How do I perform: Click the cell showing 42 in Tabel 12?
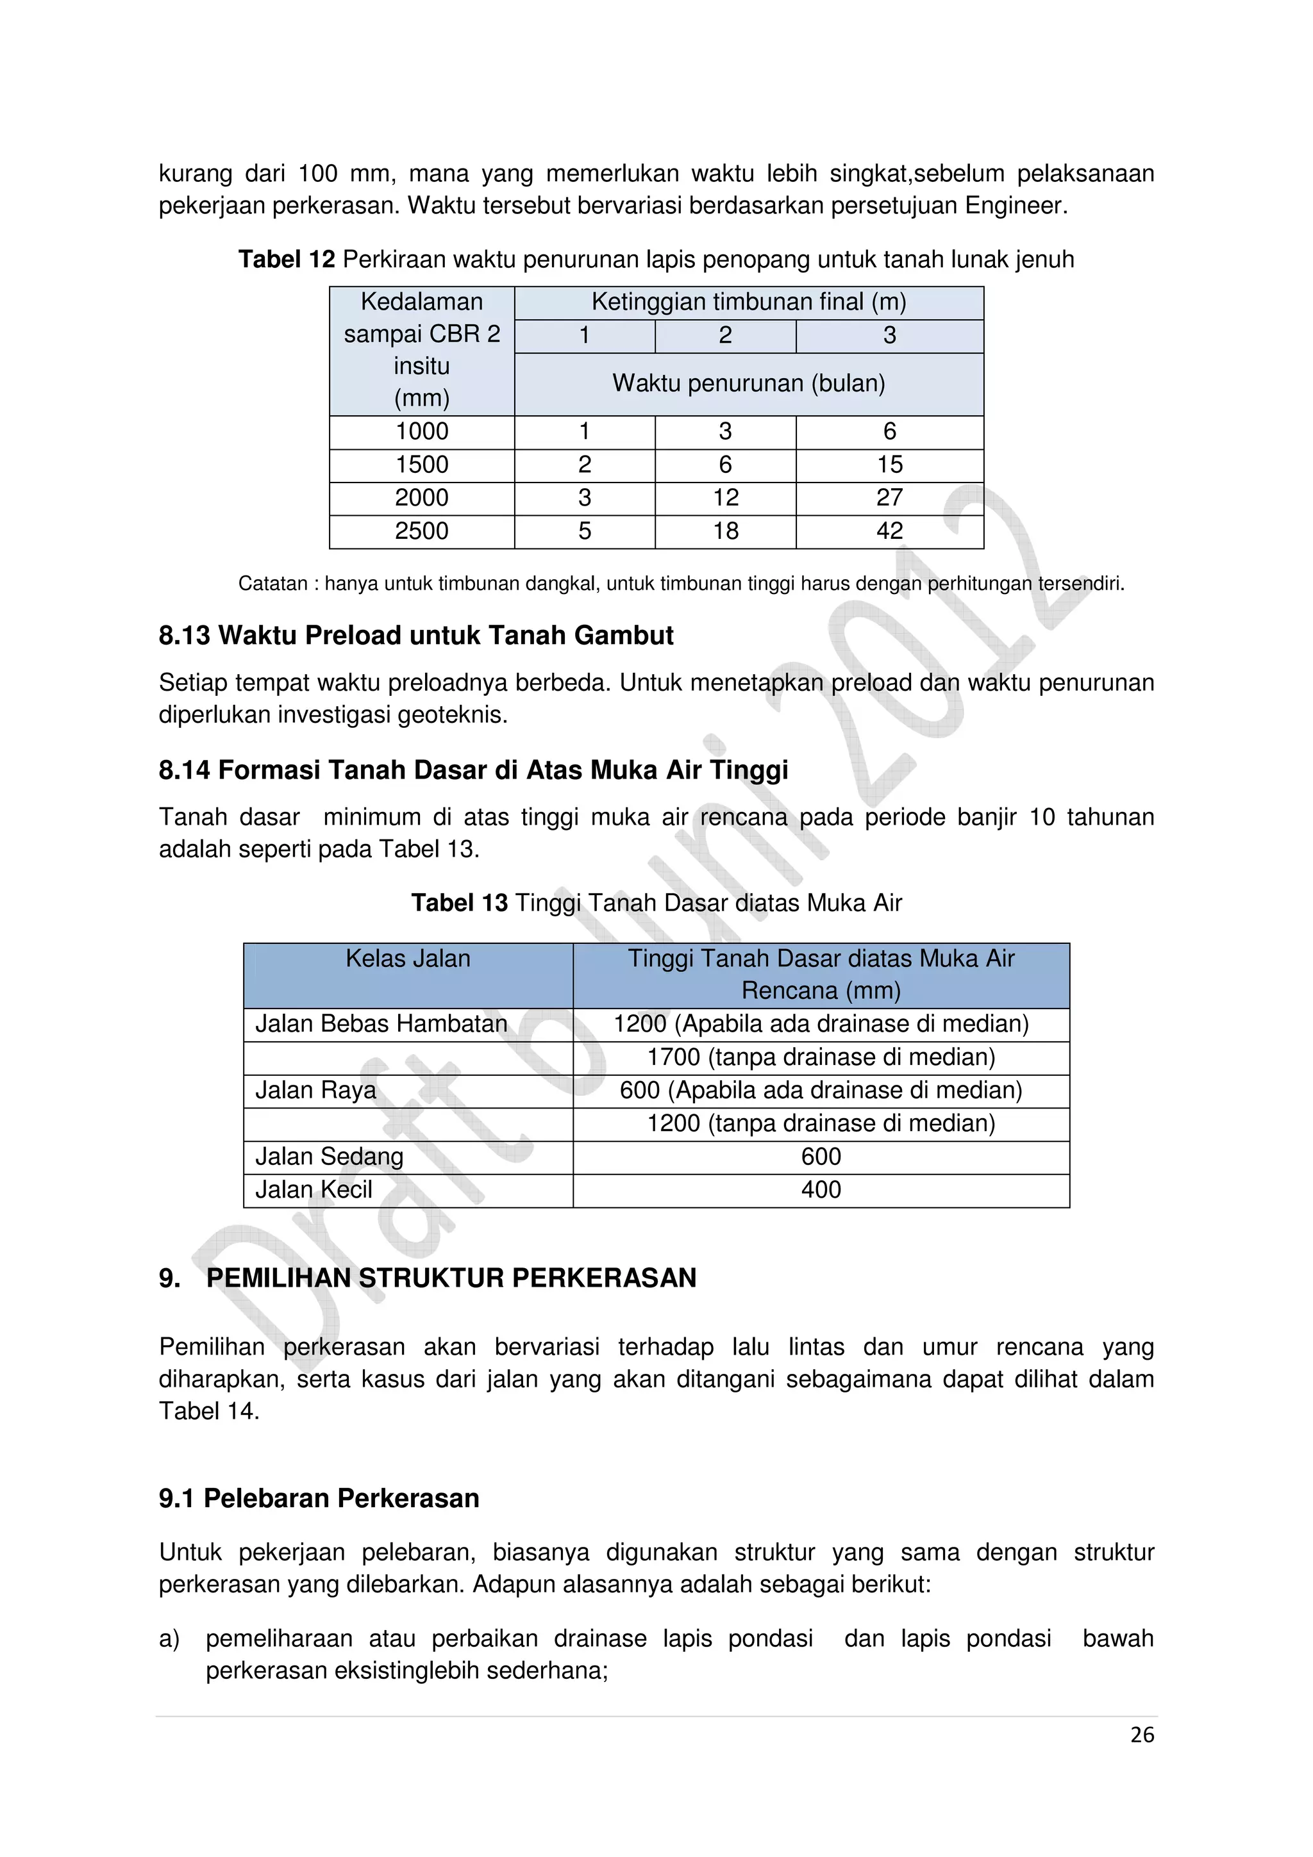[x=889, y=531]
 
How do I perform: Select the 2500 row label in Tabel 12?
[x=421, y=531]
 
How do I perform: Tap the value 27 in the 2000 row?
[x=889, y=499]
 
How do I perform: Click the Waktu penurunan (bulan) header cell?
[x=748, y=383]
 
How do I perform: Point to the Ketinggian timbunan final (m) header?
[x=748, y=302]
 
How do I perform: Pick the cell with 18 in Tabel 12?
[x=726, y=531]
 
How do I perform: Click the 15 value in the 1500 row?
[x=889, y=465]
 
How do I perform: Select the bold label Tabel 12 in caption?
[x=287, y=260]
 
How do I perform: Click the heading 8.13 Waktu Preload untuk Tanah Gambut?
[x=416, y=636]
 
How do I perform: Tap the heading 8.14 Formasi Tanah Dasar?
[x=473, y=770]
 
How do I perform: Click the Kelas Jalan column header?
[x=408, y=959]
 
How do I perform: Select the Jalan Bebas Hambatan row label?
[x=381, y=1024]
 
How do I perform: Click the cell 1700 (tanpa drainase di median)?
[x=821, y=1057]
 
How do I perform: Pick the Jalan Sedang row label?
[x=330, y=1157]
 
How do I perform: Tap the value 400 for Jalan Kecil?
[x=821, y=1190]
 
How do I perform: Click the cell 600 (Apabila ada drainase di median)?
[x=821, y=1090]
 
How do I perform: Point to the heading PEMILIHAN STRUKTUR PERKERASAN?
[x=451, y=1278]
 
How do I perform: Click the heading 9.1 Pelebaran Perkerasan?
[x=319, y=1498]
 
